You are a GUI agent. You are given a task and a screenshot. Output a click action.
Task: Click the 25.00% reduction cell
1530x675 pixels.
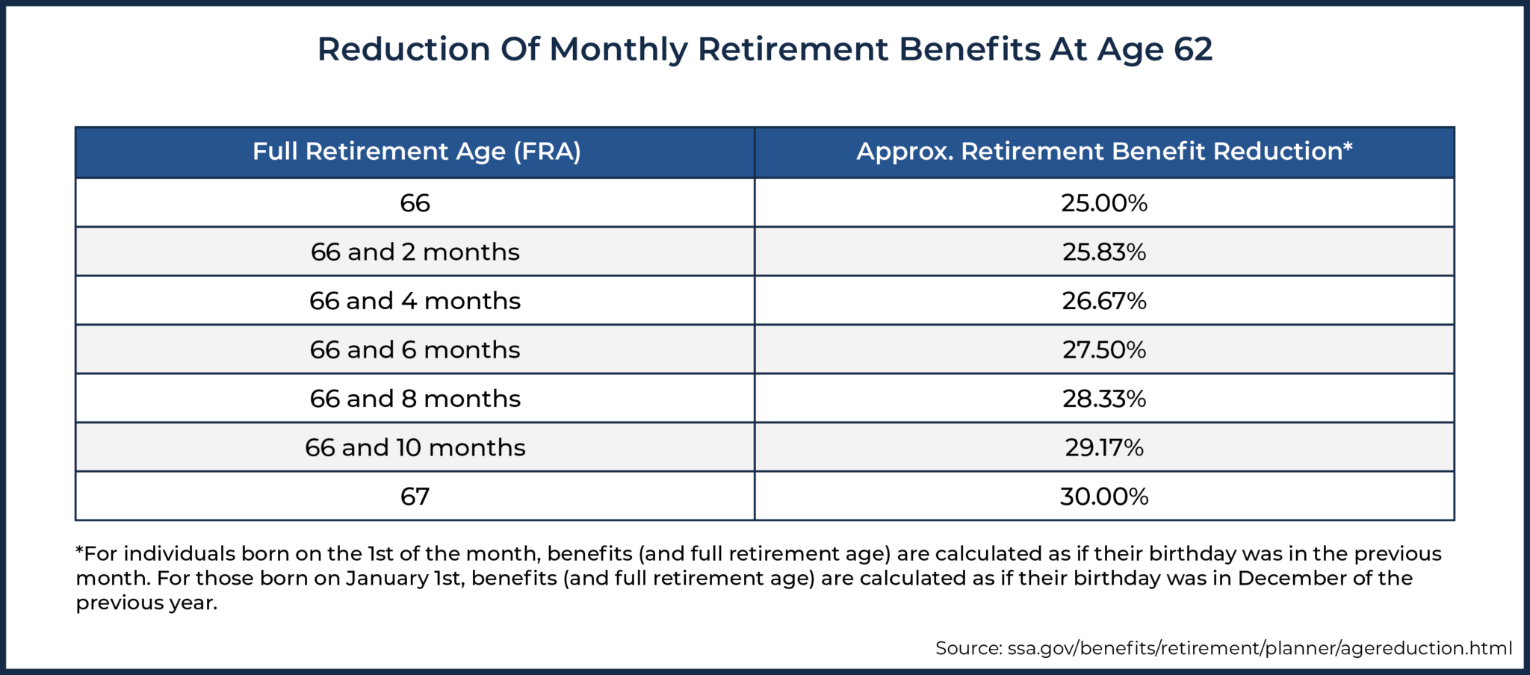tap(1103, 203)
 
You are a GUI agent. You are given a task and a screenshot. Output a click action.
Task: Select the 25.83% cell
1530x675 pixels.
tap(1103, 252)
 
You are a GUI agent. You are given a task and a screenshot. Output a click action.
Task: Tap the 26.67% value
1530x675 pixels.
tap(1103, 301)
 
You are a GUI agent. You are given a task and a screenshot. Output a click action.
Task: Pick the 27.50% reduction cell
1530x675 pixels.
tap(1103, 349)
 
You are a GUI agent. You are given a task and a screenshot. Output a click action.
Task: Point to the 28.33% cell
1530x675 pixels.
tap(1103, 399)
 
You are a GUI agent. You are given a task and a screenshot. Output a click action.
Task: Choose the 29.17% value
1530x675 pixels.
tap(1103, 447)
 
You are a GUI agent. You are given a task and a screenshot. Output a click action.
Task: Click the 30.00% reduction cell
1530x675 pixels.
tap(1103, 497)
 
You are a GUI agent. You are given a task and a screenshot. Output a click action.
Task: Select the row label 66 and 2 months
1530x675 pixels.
tap(415, 252)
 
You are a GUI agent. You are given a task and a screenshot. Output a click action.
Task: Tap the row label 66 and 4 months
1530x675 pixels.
tap(415, 301)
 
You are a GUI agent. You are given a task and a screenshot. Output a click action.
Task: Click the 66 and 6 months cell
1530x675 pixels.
tap(415, 349)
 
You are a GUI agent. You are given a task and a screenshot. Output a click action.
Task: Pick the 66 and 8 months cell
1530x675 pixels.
tap(415, 399)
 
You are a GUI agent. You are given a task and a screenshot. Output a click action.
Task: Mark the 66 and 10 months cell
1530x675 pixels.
tap(415, 447)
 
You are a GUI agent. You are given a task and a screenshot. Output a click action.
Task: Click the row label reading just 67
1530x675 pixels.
tap(415, 497)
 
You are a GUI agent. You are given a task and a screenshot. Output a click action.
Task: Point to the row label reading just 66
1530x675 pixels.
tap(415, 203)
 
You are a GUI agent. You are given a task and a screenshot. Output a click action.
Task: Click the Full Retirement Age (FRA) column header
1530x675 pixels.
tap(416, 152)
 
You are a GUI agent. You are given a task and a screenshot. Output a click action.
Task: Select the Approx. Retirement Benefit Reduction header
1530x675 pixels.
tap(1103, 152)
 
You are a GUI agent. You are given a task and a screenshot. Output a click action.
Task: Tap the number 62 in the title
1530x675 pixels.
tap(1192, 49)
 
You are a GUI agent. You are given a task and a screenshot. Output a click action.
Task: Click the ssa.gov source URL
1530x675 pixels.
tap(1259, 648)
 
